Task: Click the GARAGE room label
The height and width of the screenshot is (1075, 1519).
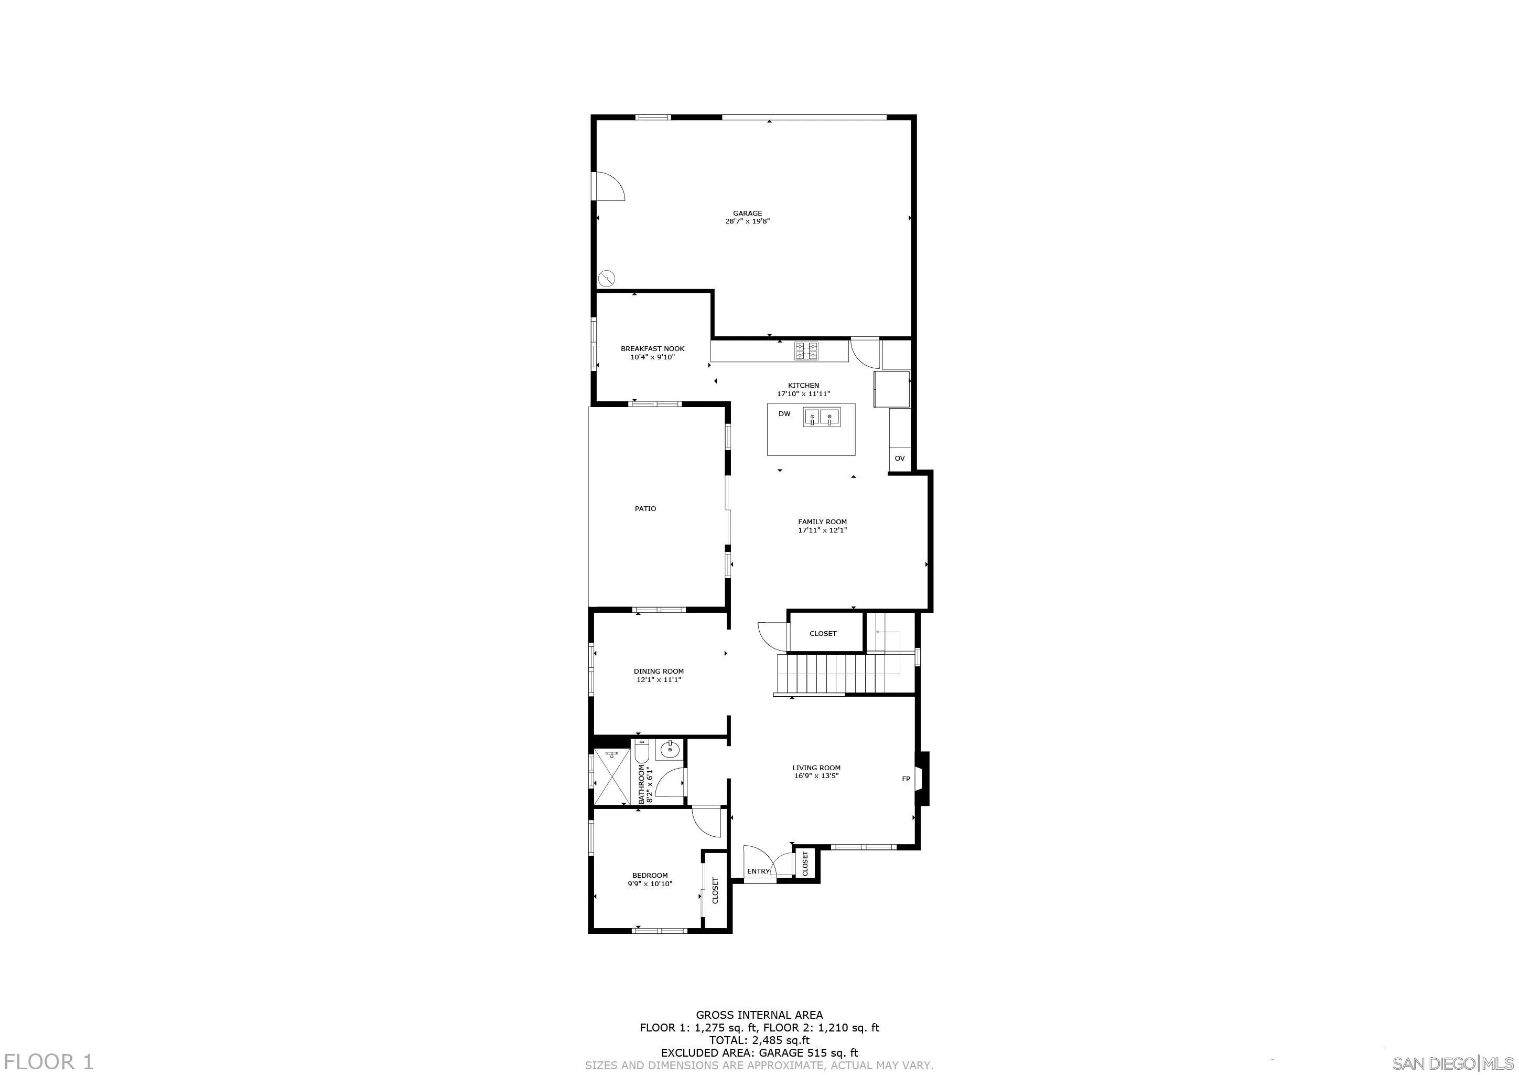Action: pos(747,213)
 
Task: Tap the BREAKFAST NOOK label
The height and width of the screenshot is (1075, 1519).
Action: pos(652,349)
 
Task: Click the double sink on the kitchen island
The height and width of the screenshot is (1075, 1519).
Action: pos(821,417)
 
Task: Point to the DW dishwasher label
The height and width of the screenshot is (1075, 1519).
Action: pos(784,414)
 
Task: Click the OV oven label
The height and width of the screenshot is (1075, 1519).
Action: pos(899,458)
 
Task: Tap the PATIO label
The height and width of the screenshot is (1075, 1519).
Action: pos(645,508)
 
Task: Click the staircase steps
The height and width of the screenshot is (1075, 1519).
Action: pos(831,673)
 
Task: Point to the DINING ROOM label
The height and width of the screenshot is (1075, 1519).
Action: pos(658,671)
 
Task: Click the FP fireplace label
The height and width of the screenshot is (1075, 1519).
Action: pos(906,779)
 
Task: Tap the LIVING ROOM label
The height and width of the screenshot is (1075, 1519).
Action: pos(816,768)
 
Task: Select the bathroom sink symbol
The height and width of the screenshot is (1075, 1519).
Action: pos(670,750)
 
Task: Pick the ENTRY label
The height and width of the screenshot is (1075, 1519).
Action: pos(758,871)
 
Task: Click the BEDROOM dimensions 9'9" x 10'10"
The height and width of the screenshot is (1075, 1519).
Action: pos(650,884)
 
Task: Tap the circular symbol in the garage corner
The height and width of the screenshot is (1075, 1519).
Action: pos(606,278)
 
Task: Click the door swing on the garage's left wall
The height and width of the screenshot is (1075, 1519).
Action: pos(146,186)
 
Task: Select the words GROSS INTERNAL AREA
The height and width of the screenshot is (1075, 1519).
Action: pos(759,1015)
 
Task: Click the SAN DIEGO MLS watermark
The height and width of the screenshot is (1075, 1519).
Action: pos(1454,1063)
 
